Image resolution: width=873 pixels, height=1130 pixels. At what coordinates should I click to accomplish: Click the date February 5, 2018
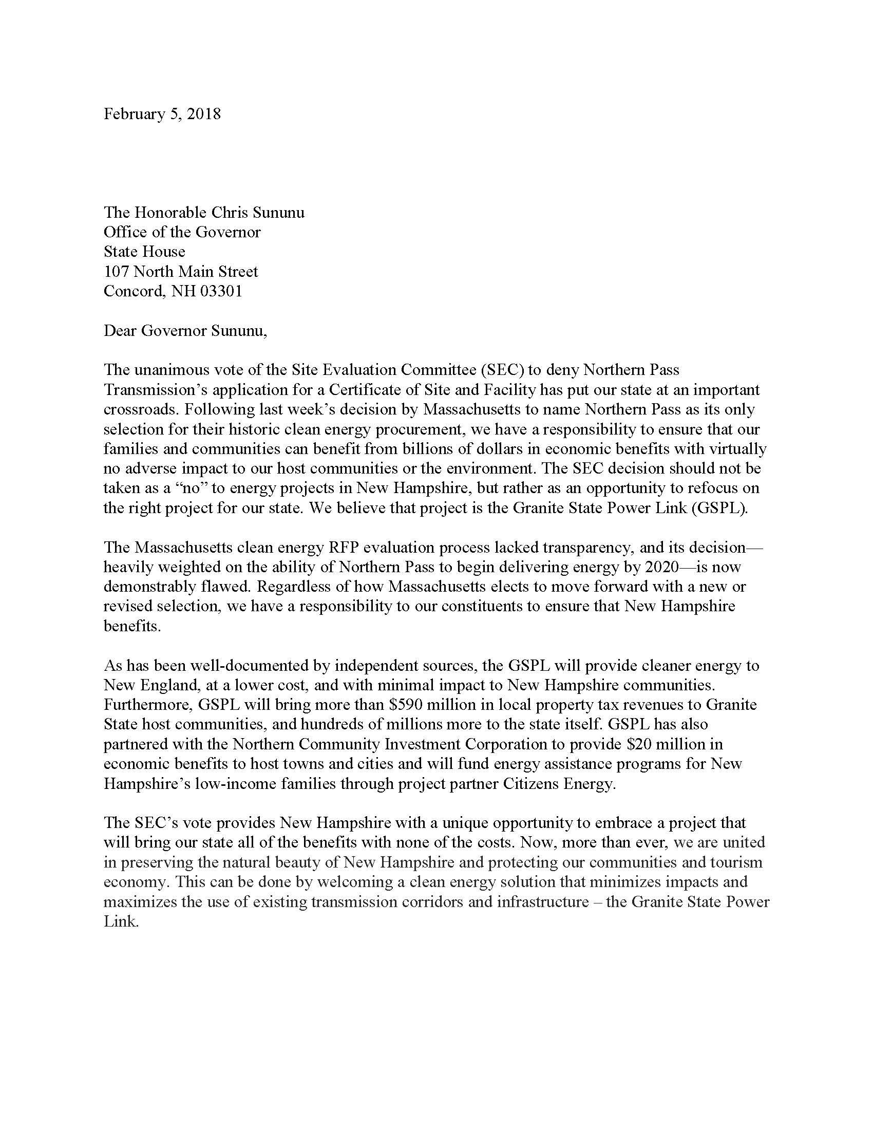pyautogui.click(x=162, y=114)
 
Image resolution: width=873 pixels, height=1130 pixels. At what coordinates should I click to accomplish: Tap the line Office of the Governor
pyautogui.click(x=182, y=232)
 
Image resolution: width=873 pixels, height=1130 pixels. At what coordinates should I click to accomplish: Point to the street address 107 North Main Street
pyautogui.click(x=181, y=271)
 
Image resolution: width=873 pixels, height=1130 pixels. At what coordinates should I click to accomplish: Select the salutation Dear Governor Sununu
pyautogui.click(x=185, y=331)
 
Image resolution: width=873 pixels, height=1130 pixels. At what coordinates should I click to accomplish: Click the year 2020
pyautogui.click(x=656, y=567)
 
